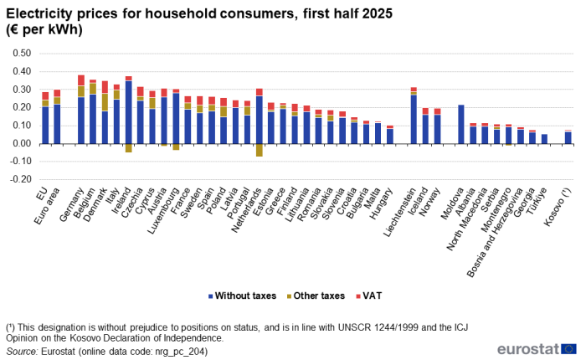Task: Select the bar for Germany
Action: click(x=81, y=110)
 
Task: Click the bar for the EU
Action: click(x=45, y=118)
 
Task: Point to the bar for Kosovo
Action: click(x=568, y=137)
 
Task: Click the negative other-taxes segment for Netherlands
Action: click(x=260, y=150)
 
